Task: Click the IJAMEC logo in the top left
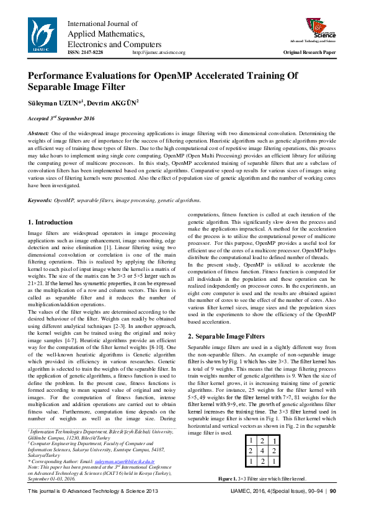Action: pyautogui.click(x=43, y=35)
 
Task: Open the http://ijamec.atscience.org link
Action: pyautogui.click(x=159, y=53)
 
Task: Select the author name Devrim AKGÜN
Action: pyautogui.click(x=113, y=102)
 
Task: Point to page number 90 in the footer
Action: pyautogui.click(x=333, y=508)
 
